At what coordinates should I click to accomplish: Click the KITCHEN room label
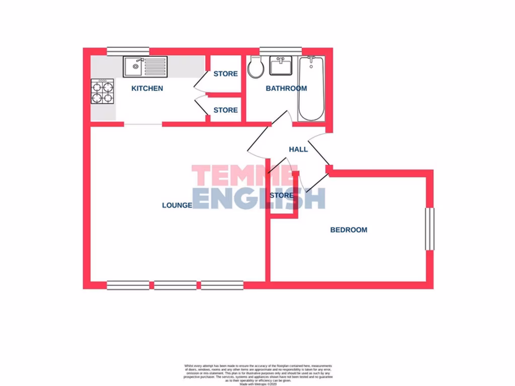tap(147, 88)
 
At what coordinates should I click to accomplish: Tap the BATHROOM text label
tap(286, 88)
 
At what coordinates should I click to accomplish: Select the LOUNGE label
tap(177, 205)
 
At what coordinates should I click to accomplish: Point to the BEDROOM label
tap(349, 230)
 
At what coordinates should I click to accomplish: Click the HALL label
tap(298, 149)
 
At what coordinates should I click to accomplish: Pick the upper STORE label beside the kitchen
tap(225, 74)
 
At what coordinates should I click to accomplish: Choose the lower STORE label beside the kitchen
tap(225, 110)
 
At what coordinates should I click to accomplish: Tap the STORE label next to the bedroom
tap(282, 195)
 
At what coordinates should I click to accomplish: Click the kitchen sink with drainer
tap(145, 66)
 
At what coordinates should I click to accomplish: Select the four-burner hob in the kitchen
tap(102, 92)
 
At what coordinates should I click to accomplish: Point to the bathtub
tap(311, 88)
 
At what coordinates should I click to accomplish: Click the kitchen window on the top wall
tap(128, 50)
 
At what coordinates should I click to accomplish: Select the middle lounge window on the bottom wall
tap(175, 285)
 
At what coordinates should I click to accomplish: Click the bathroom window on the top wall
tap(280, 50)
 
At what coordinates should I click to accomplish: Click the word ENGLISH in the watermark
tap(259, 198)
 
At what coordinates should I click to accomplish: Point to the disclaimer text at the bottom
tap(257, 374)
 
